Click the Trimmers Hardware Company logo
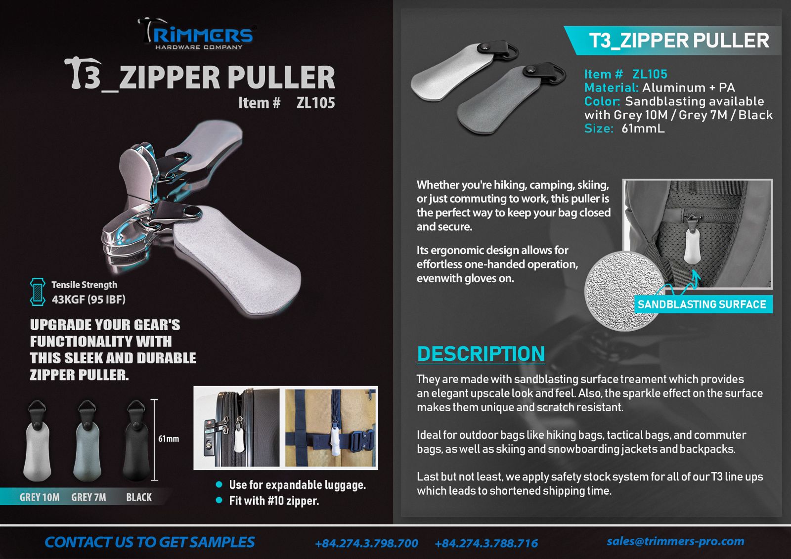pos(197,34)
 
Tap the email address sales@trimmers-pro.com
pos(675,541)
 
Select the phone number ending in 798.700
pos(366,543)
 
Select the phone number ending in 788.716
pos(486,543)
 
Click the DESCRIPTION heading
pos(481,353)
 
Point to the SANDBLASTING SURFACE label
pos(702,304)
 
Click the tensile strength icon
pos(38,292)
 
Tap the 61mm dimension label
pos(169,439)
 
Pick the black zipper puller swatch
pos(136,440)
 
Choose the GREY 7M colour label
pos(88,497)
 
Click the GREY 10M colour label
pos(40,497)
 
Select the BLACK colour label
pos(139,497)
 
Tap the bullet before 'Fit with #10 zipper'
pos(219,500)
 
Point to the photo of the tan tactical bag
pos(330,428)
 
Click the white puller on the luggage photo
pos(239,439)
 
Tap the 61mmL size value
pos(643,129)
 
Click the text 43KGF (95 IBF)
pos(88,300)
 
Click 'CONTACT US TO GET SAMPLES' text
pos(149,542)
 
